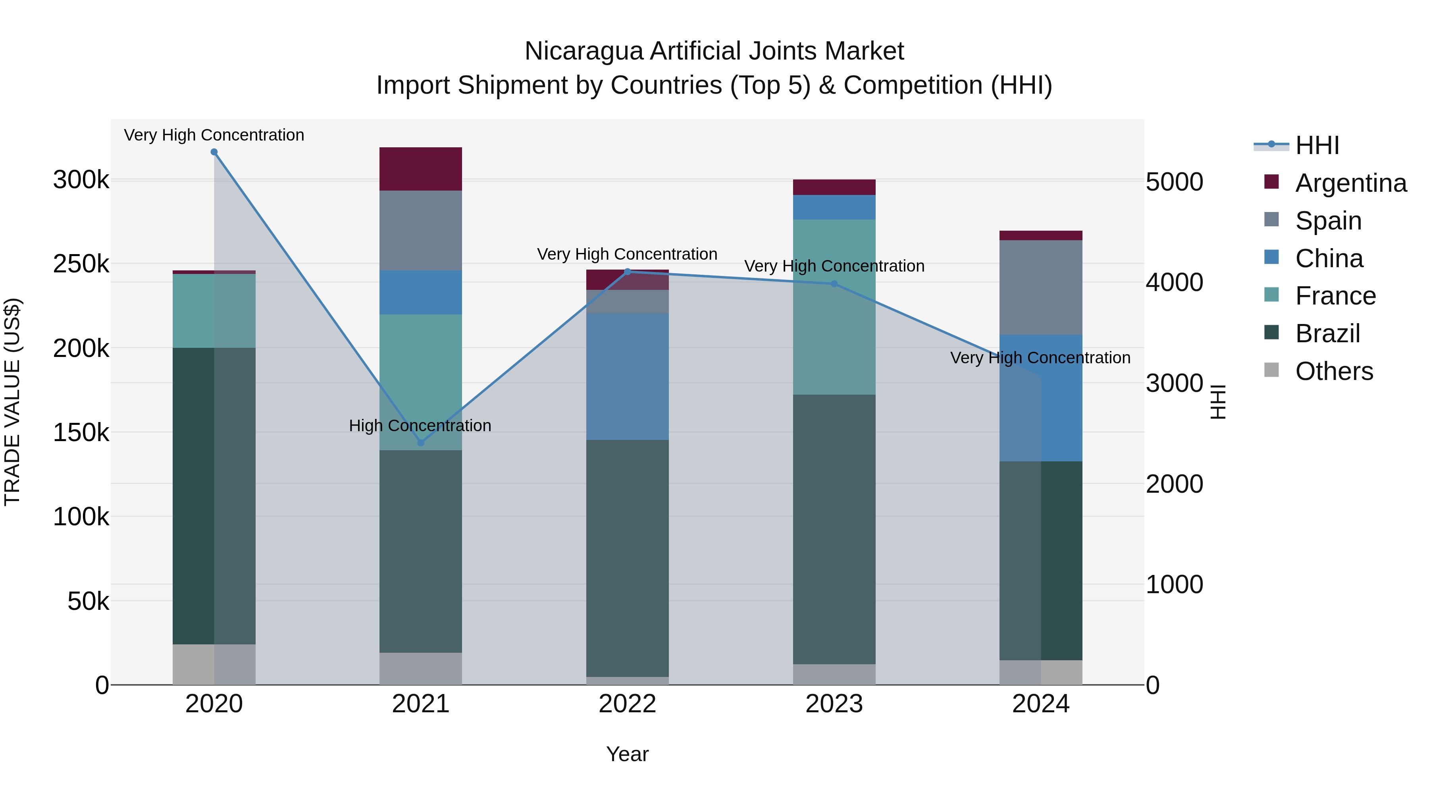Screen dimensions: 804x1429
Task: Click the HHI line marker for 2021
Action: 420,443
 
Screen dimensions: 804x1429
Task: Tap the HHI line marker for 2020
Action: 214,152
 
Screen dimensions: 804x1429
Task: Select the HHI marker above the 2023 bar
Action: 834,284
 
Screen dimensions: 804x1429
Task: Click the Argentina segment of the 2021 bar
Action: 420,169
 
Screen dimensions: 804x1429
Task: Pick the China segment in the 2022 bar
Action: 628,377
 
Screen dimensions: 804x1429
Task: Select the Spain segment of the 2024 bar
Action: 1041,287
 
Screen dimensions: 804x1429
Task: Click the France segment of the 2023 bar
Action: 834,307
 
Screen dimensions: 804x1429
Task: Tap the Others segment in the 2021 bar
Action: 420,669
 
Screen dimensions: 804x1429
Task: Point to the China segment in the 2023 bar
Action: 834,208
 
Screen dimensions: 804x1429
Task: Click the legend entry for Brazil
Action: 1327,334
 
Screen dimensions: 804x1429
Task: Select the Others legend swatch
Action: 1271,370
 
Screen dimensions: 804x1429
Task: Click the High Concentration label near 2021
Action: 420,426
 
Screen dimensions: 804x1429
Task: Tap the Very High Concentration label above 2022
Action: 627,254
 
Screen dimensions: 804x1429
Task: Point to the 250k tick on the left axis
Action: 81,264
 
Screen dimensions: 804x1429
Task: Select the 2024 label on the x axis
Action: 1041,704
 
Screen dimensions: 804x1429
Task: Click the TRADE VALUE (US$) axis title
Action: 12,402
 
